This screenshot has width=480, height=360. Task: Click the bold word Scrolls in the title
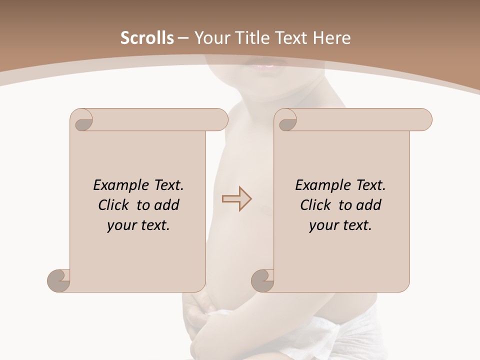click(147, 38)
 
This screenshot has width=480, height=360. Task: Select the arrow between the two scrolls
click(237, 199)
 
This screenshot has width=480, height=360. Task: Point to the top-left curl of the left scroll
click(82, 120)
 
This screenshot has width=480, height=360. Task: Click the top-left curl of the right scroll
click(286, 120)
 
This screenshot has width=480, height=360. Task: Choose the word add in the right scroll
click(368, 205)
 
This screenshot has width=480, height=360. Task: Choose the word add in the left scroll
click(166, 205)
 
